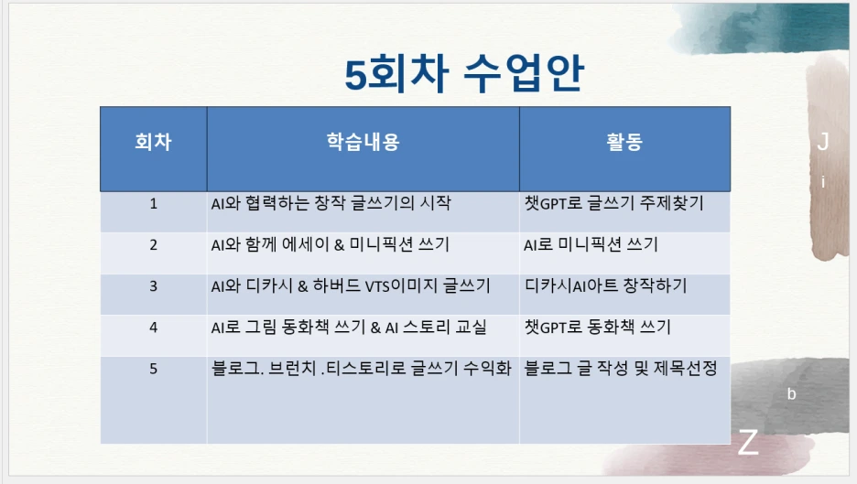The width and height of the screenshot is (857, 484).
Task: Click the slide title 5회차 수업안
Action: point(463,74)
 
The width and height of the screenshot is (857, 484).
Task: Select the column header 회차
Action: point(153,142)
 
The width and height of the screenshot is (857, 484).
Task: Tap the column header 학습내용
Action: point(363,142)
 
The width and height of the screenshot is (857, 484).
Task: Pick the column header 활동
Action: point(624,142)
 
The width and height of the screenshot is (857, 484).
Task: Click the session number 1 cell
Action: point(153,203)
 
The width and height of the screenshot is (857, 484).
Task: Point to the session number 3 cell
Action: point(153,285)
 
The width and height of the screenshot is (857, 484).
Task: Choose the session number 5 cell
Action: point(153,369)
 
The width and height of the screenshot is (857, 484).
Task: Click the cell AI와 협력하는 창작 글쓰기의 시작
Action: point(331,203)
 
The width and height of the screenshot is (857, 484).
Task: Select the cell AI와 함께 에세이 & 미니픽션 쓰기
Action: point(330,244)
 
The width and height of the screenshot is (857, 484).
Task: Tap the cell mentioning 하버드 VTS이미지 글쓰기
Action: point(351,285)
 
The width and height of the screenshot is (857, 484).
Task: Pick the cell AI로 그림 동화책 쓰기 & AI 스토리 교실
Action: point(349,327)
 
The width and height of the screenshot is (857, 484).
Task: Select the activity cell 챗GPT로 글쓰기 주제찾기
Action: point(613,203)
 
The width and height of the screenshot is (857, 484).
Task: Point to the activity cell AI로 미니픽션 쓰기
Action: point(591,244)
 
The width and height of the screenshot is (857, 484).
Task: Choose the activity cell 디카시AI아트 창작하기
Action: point(605,285)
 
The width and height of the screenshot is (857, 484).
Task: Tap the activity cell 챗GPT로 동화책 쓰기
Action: point(597,327)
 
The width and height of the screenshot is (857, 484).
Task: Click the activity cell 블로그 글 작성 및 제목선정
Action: point(620,369)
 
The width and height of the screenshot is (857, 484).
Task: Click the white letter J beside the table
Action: point(823,142)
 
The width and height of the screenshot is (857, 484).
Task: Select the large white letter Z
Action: point(748,443)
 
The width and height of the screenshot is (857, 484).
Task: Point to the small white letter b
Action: point(792,394)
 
